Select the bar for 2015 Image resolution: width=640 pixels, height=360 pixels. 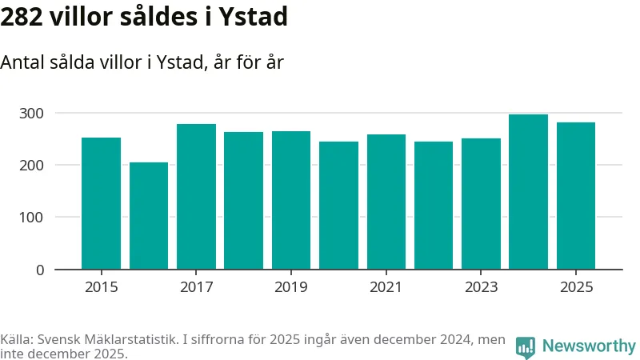pos(101,203)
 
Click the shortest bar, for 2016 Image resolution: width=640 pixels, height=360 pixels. pos(149,216)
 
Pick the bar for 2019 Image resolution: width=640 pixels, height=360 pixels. pos(291,200)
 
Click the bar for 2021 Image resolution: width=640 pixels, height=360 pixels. pos(386,202)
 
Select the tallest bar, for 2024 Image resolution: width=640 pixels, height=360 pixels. pos(528,192)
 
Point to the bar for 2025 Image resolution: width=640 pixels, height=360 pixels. pos(576,196)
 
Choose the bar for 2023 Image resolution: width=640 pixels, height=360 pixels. pos(481,204)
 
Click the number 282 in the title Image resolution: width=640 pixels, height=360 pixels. pos(22,16)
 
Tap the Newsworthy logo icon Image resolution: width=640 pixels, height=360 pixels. pos(526,346)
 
